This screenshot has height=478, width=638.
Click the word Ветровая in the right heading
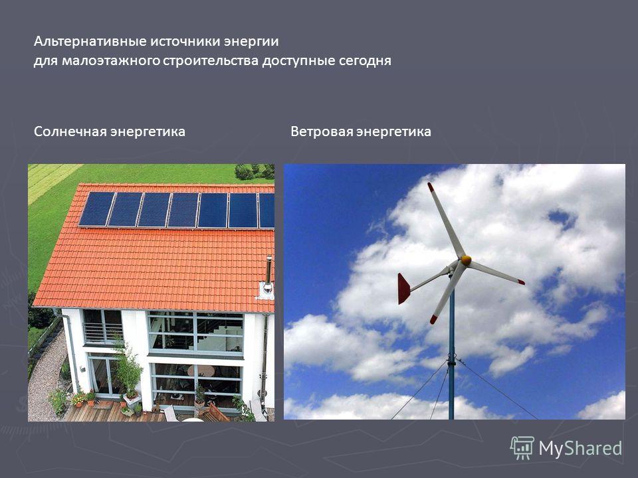pos(322,131)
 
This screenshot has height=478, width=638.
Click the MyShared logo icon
pos(522,448)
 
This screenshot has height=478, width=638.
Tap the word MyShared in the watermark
pos(580,449)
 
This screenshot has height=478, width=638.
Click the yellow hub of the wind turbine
pos(466,260)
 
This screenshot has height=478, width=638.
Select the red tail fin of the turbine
pos(403,289)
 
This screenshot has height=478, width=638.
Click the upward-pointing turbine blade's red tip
pos(431,187)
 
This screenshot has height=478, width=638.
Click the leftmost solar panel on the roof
pos(97,208)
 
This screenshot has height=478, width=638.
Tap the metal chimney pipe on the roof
pos(268,272)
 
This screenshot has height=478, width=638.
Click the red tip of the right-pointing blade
pos(520,281)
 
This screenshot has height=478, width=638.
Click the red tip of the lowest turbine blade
pos(433,319)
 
